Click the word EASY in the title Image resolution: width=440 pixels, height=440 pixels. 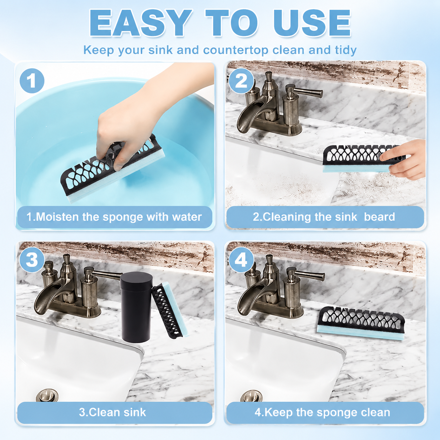(140, 23)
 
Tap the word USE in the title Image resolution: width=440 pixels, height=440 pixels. (312, 23)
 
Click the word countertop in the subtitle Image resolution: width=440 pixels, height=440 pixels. (236, 50)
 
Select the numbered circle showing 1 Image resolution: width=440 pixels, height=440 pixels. (32, 81)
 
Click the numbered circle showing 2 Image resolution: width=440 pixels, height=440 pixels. (241, 81)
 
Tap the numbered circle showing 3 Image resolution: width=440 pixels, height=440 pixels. (32, 260)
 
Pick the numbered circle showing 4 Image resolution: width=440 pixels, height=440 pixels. (241, 260)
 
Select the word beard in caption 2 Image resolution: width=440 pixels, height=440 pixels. (379, 217)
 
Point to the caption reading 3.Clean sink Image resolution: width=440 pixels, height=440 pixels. (112, 412)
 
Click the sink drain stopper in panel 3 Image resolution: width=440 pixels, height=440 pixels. (47, 396)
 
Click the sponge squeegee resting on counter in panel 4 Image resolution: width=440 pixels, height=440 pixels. (361, 323)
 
